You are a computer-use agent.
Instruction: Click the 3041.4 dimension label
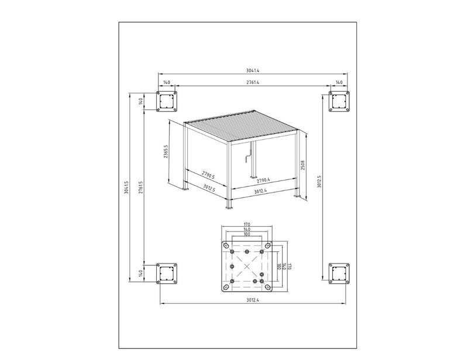click(x=253, y=71)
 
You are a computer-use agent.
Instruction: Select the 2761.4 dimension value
click(x=253, y=82)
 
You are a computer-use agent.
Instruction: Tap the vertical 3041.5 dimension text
click(x=126, y=188)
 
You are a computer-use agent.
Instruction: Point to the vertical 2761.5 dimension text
click(x=141, y=188)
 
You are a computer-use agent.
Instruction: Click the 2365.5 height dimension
click(x=166, y=151)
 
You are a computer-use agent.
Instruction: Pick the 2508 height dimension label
click(x=302, y=165)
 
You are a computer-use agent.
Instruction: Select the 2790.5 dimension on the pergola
click(x=208, y=175)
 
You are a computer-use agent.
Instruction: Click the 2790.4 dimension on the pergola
click(x=263, y=180)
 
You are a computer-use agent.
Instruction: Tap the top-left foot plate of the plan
click(x=167, y=102)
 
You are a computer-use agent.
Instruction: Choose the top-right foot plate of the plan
click(x=339, y=102)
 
